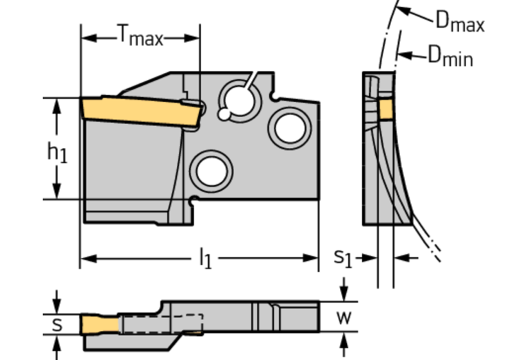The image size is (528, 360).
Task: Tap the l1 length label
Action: pyautogui.click(x=204, y=259)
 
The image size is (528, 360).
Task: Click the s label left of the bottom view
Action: pyautogui.click(x=58, y=324)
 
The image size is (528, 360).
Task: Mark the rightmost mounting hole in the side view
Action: pyautogui.click(x=287, y=128)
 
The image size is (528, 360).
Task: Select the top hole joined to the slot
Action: pyautogui.click(x=237, y=97)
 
